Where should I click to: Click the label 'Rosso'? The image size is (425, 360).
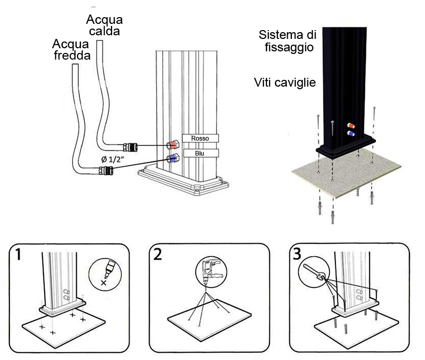[200, 138]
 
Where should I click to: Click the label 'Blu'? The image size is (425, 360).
[200, 153]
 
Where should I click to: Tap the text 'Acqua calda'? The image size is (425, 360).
[104, 25]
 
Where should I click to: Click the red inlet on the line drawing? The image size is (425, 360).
[172, 145]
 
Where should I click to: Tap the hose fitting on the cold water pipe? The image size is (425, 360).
[105, 169]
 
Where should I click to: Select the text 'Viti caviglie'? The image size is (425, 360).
[285, 82]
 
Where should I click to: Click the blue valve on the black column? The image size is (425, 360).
[352, 134]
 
